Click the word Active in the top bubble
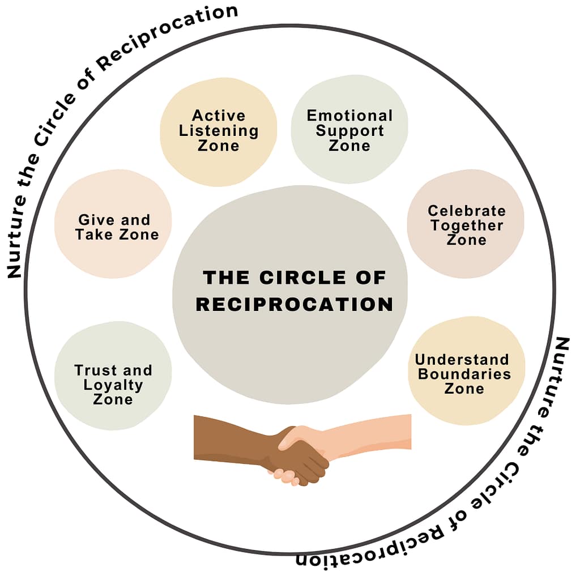tap(219, 116)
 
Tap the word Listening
tap(219, 130)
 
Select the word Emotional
tap(349, 116)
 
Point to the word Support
tap(349, 130)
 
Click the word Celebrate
tap(466, 211)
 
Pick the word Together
tap(466, 225)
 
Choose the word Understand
tap(462, 360)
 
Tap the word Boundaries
tap(464, 374)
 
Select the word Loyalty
tap(113, 385)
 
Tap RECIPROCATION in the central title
tap(294, 304)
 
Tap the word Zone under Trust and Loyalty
tap(113, 400)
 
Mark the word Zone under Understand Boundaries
tap(464, 389)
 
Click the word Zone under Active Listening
tap(219, 146)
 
